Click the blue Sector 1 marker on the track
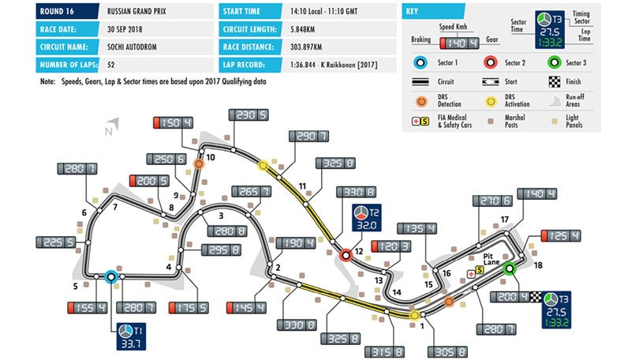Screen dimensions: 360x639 pyautogui.click(x=110, y=276)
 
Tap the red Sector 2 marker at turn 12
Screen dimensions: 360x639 pyautogui.click(x=345, y=255)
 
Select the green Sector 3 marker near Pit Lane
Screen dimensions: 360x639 pyautogui.click(x=510, y=268)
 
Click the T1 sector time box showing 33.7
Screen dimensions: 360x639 pyautogui.click(x=128, y=336)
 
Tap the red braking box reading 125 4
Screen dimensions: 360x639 pyautogui.click(x=558, y=236)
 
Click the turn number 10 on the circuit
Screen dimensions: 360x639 pyautogui.click(x=211, y=157)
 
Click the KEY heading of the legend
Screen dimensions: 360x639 pyautogui.click(x=412, y=12)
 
